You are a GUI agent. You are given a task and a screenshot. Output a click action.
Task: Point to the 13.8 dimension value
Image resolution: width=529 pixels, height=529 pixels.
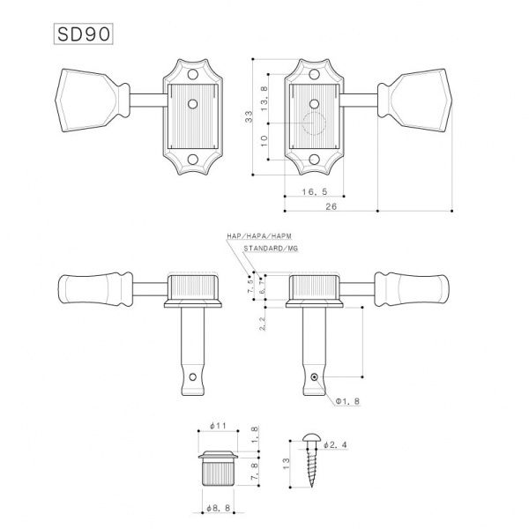[265, 91]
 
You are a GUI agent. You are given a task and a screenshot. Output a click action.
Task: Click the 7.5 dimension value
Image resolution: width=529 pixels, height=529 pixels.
[250, 288]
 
